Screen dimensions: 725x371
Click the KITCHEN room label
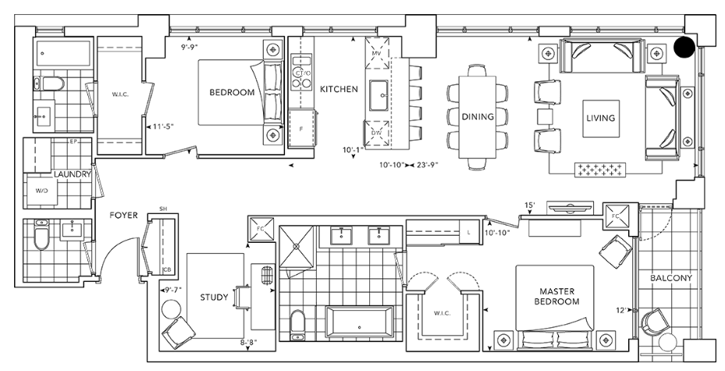[x=339, y=89]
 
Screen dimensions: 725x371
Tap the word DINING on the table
[x=478, y=116]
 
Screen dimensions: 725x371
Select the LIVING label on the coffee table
[x=601, y=118]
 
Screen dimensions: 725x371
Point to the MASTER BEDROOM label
[x=556, y=297]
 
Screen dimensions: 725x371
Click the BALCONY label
[x=671, y=278]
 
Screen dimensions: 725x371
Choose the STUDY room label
[x=214, y=297]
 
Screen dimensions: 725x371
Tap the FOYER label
[x=123, y=215]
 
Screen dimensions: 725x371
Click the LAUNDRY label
[x=72, y=174]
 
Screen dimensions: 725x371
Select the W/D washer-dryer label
[x=41, y=191]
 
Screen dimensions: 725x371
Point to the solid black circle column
[x=684, y=47]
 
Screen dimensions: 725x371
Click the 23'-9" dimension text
[x=427, y=164]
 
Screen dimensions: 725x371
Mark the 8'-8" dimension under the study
[x=248, y=342]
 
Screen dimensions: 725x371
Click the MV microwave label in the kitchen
[x=376, y=54]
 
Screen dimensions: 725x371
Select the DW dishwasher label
[x=376, y=134]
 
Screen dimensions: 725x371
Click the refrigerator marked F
[x=302, y=129]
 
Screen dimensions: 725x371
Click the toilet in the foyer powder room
[x=41, y=234]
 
